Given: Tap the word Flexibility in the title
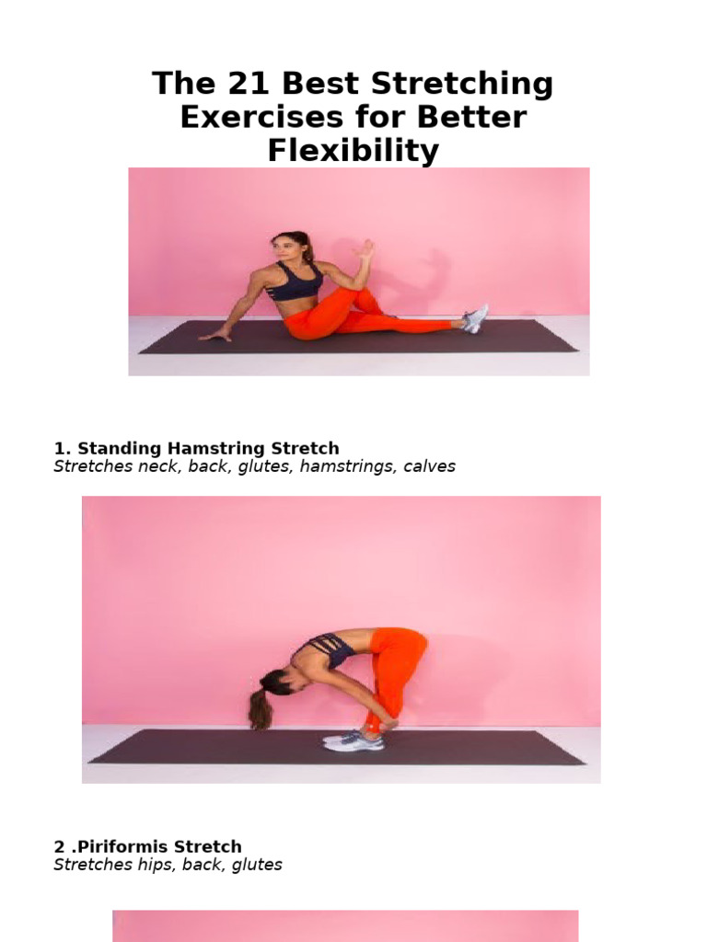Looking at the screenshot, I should (x=353, y=150).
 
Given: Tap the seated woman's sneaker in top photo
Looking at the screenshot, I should (x=474, y=318).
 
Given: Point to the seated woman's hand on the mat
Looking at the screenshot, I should (x=214, y=336).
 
